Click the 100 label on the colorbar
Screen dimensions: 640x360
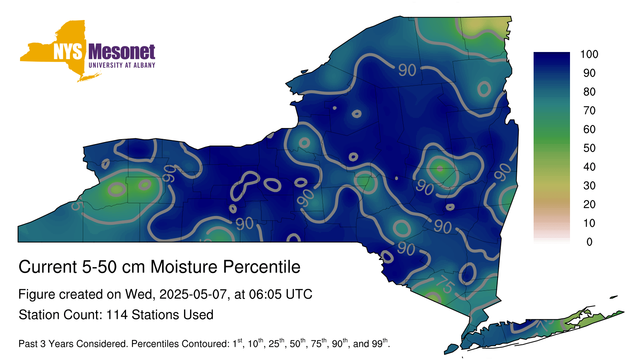(x=589, y=54)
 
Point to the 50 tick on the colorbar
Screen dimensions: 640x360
(x=589, y=148)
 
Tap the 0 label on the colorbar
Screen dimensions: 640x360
(x=589, y=242)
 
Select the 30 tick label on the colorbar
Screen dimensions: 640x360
(x=589, y=186)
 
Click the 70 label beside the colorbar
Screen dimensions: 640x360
(x=589, y=110)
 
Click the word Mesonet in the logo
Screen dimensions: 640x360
(x=122, y=52)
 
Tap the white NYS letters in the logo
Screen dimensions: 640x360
(x=68, y=52)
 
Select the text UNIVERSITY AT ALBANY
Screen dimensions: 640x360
(x=122, y=65)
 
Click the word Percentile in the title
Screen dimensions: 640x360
(x=262, y=267)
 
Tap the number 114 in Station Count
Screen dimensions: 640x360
(x=116, y=315)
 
